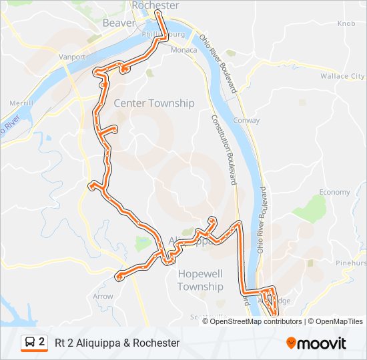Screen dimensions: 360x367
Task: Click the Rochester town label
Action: coord(155,5)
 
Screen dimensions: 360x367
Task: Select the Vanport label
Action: coord(72,57)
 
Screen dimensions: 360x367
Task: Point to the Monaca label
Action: coord(183,50)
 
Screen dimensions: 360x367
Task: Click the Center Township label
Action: coord(154,103)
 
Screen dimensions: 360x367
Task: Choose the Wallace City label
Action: coord(343,77)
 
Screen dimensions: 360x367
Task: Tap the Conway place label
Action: coord(247,121)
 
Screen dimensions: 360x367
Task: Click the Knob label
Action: coord(346,23)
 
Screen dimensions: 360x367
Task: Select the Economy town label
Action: coord(334,192)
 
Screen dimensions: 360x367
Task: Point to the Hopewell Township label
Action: coord(200,280)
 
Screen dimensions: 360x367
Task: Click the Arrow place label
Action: coord(103,296)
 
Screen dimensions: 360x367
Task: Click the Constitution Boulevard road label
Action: coord(224,147)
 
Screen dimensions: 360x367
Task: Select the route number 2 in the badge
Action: coord(42,342)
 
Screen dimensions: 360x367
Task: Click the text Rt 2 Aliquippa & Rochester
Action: coord(117,343)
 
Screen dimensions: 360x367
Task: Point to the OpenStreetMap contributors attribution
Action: coord(256,321)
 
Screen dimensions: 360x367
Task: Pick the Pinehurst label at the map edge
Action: coord(352,263)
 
